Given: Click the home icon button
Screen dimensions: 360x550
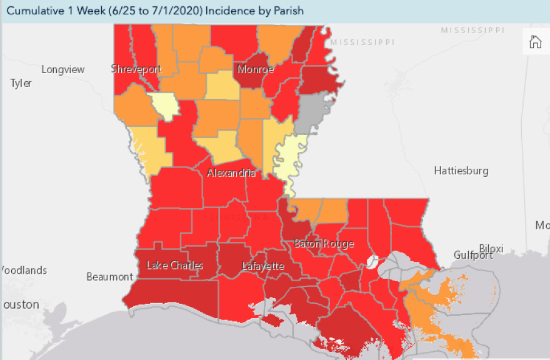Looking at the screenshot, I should click(535, 42).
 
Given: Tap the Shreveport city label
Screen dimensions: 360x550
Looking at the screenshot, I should click(136, 69).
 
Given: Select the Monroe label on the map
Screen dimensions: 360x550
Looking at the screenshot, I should click(255, 69).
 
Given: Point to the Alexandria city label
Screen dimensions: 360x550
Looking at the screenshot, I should click(231, 172).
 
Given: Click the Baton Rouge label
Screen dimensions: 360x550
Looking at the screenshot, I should click(324, 244).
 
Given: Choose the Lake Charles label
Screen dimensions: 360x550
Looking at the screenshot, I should click(174, 266).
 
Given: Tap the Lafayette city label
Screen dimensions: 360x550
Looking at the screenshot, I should click(263, 266).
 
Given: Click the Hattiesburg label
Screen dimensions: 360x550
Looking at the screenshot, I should click(461, 171).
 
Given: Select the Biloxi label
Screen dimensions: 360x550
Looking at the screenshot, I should click(491, 249).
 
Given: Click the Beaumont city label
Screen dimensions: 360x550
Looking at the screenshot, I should click(109, 276).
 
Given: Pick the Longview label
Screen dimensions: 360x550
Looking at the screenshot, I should click(62, 69).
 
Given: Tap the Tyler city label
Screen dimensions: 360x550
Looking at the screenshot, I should click(21, 83).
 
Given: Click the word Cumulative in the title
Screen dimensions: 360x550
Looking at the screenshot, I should click(35, 11).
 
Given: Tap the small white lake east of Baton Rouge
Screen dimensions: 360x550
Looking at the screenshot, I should click(373, 261).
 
